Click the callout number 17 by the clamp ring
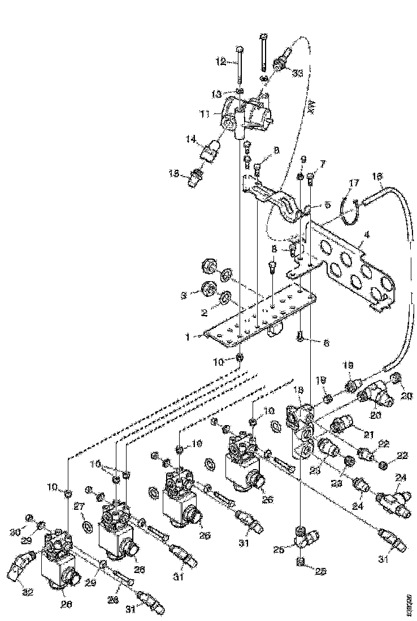click(x=354, y=183)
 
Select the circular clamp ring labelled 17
click(x=350, y=208)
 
